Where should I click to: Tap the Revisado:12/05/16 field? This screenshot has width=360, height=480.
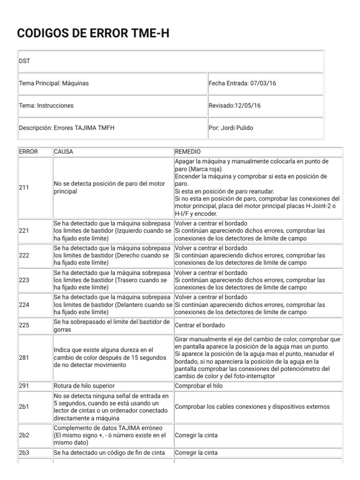[234, 106]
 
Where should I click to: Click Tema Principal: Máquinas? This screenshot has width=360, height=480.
[54, 83]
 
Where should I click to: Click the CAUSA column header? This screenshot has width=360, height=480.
[64, 152]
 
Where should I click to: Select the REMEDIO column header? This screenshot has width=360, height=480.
[188, 152]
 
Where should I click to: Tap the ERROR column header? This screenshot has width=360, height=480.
[28, 152]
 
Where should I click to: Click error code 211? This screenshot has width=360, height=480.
[24, 187]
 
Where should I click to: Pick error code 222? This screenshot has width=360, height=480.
[24, 255]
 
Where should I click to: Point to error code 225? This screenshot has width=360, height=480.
[24, 325]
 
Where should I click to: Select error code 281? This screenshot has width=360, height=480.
[24, 358]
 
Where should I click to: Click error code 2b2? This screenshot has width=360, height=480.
[24, 435]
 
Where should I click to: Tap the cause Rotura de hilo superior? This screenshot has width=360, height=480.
[84, 386]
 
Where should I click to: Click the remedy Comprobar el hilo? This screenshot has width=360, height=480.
[199, 386]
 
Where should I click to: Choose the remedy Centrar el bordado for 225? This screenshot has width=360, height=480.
[200, 325]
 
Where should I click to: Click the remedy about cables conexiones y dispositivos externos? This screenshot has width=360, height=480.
[252, 406]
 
